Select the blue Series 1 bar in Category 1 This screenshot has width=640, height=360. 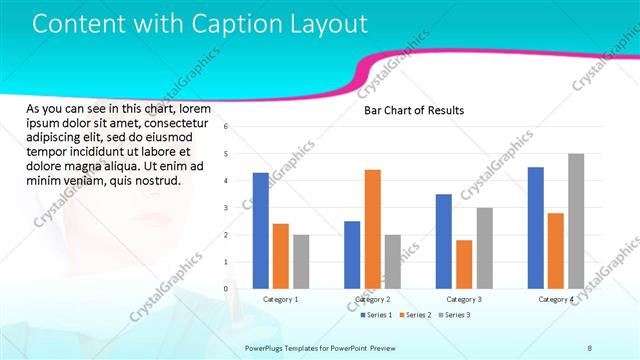(x=261, y=230)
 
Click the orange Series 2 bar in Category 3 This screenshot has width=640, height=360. (x=464, y=264)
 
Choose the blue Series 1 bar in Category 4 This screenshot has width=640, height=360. (x=536, y=227)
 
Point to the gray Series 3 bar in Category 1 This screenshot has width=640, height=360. (x=301, y=261)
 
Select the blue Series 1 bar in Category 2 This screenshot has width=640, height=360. (x=352, y=254)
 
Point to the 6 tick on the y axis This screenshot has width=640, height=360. (x=227, y=127)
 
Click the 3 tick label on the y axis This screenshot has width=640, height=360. (x=227, y=208)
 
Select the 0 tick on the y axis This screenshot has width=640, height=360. (x=227, y=289)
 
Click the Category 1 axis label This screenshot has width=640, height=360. (x=280, y=299)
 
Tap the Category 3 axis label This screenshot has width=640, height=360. (x=464, y=299)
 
